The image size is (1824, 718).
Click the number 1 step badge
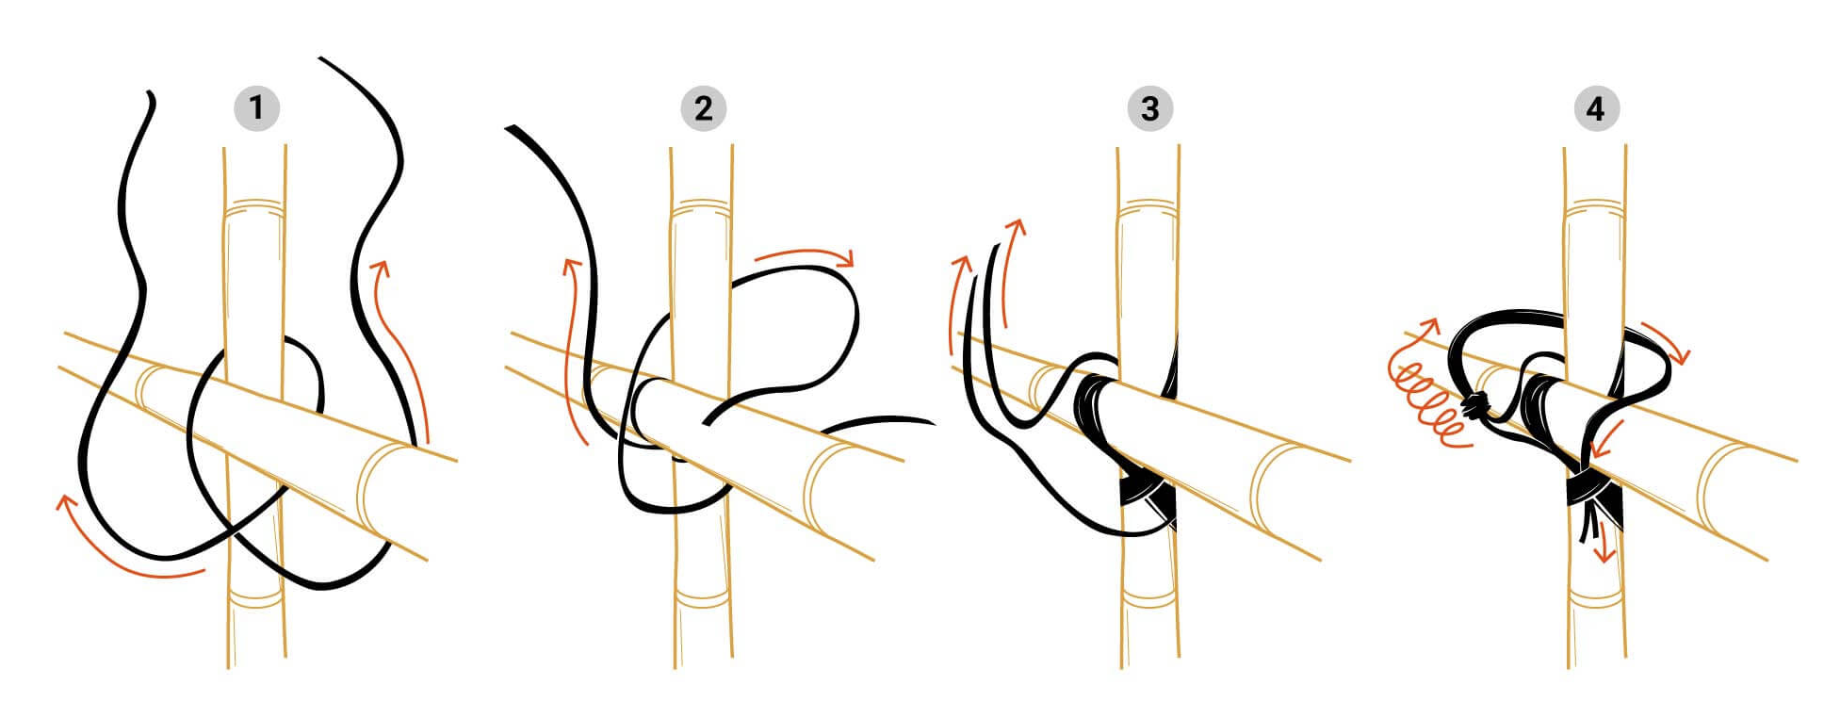pos(256,108)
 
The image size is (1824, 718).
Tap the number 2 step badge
pos(703,108)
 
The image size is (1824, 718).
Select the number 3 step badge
pos(1149,108)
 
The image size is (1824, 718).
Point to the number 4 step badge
pos(1596,108)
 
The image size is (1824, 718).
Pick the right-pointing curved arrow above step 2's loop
pos(806,255)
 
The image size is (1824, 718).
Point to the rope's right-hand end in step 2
pos(931,421)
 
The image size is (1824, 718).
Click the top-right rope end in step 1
pos(322,59)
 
